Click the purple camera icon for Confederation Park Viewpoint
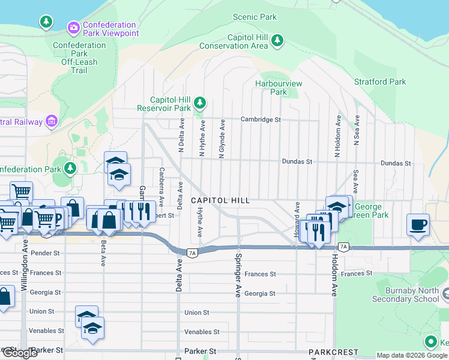[x=74, y=27]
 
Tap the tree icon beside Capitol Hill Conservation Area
[x=277, y=41]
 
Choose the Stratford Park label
[x=380, y=82]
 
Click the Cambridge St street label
[x=261, y=119]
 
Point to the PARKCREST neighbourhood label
[x=333, y=352]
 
